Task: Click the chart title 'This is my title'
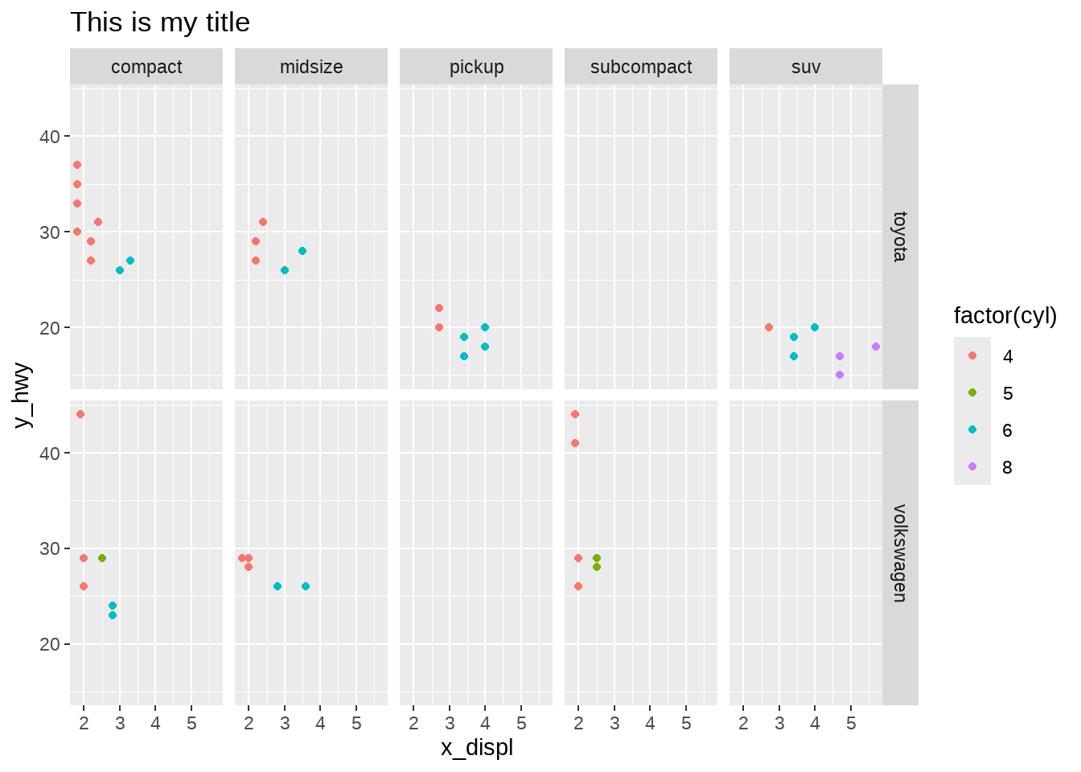(x=160, y=23)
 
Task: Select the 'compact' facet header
(x=146, y=67)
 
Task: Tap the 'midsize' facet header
(x=311, y=67)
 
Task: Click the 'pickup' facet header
(x=476, y=67)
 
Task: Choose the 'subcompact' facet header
(x=641, y=67)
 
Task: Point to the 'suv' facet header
(x=806, y=67)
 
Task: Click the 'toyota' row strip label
(x=900, y=236)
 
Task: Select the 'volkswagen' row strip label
(x=900, y=553)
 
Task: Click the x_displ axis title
(x=476, y=748)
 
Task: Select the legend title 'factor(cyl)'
(x=1005, y=316)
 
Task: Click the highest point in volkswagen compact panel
(x=80, y=414)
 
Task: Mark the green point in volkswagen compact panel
(x=102, y=558)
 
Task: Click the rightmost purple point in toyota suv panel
(x=876, y=347)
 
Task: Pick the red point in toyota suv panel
(x=769, y=327)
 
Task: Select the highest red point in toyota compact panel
(x=77, y=165)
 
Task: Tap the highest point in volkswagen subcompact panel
(x=575, y=414)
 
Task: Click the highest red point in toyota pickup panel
(x=439, y=308)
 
